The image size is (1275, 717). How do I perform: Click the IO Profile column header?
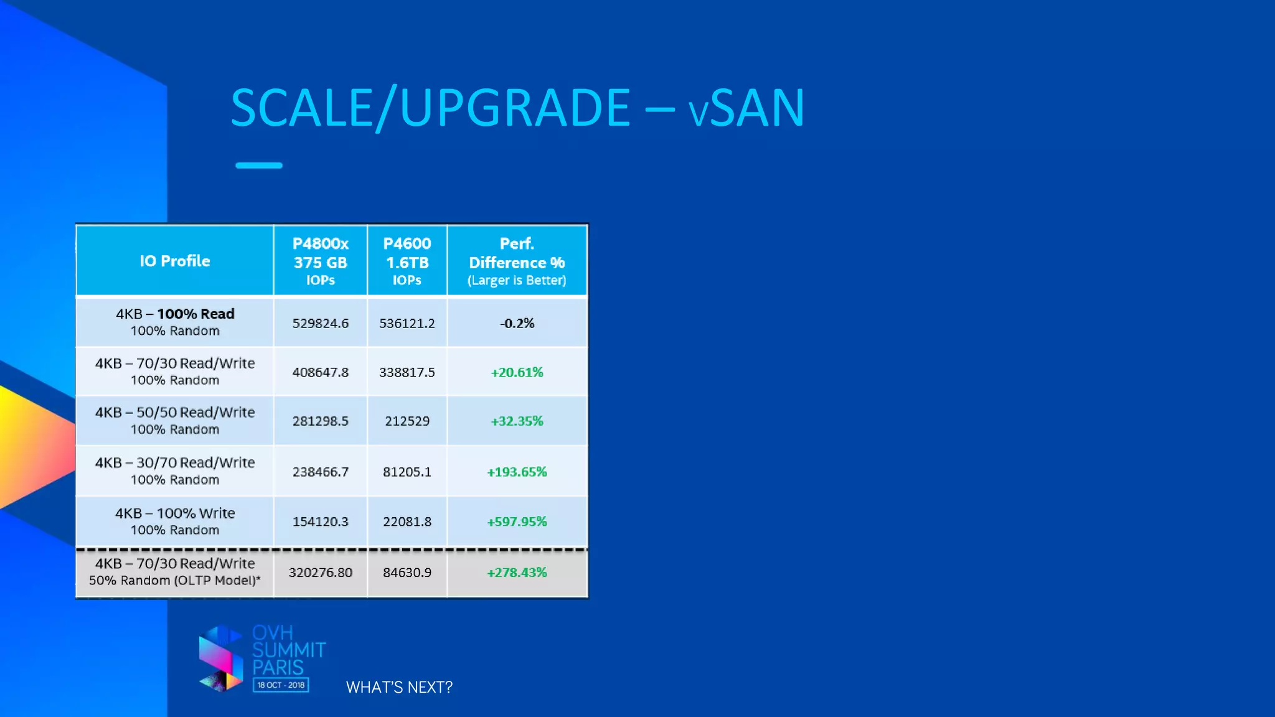click(x=175, y=261)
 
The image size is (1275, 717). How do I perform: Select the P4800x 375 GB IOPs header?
click(x=321, y=261)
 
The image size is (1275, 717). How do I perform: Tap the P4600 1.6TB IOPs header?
click(x=407, y=261)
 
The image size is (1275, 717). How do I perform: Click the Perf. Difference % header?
click(x=517, y=261)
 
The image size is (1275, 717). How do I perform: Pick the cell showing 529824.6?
click(x=321, y=323)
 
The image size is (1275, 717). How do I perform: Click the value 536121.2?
click(x=407, y=323)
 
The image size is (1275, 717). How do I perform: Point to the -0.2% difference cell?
click(x=517, y=323)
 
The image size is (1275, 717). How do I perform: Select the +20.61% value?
click(x=517, y=372)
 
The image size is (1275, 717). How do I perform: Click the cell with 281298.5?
click(x=321, y=421)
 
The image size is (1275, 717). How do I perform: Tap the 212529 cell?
click(x=407, y=421)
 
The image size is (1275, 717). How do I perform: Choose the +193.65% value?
click(x=517, y=472)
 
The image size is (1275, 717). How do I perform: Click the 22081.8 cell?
click(x=407, y=522)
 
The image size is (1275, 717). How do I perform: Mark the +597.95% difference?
click(x=517, y=522)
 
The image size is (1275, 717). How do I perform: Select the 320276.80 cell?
click(x=321, y=572)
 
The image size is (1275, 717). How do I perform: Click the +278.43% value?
click(x=517, y=572)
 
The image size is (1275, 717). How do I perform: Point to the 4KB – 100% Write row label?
click(x=175, y=521)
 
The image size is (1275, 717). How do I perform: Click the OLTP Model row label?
click(x=175, y=572)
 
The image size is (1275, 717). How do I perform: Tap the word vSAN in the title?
click(x=746, y=108)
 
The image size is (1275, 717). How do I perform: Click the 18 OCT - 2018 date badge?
click(x=281, y=685)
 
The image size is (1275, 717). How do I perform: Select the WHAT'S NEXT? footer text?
click(x=399, y=687)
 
